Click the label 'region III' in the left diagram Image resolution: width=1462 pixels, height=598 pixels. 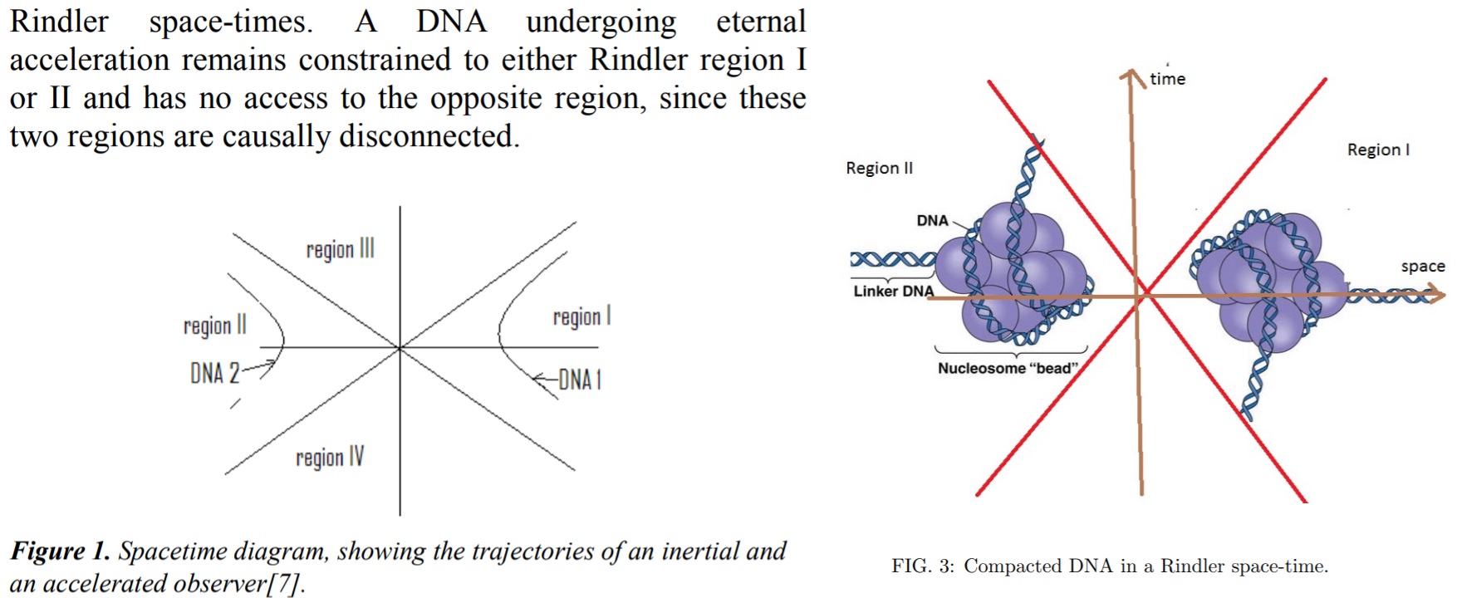pyautogui.click(x=340, y=249)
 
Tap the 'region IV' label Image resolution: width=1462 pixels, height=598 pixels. pyautogui.click(x=330, y=458)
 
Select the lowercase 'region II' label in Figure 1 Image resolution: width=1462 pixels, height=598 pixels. pyautogui.click(x=215, y=325)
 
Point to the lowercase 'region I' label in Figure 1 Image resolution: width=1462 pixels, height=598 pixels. pyautogui.click(x=581, y=316)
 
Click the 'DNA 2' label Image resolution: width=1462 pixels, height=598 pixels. pyautogui.click(x=214, y=374)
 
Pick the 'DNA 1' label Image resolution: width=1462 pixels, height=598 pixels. pyautogui.click(x=579, y=380)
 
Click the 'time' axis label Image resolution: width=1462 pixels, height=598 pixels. pyautogui.click(x=1167, y=79)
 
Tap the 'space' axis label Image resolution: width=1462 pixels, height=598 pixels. pyautogui.click(x=1423, y=267)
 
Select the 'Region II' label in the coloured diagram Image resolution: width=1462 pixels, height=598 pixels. pyautogui.click(x=879, y=168)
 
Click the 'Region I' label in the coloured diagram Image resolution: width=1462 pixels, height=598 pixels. pyautogui.click(x=1378, y=149)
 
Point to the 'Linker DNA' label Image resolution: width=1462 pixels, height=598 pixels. pyautogui.click(x=893, y=291)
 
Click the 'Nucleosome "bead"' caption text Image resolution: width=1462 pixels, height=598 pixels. pyautogui.click(x=1008, y=368)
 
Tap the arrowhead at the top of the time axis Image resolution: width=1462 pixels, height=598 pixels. pyautogui.click(x=1131, y=77)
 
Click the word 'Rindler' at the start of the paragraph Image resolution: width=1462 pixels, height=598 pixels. pyautogui.click(x=59, y=22)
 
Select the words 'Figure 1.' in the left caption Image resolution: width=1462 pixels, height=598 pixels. pyautogui.click(x=60, y=551)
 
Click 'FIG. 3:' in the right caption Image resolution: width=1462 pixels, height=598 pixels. pyautogui.click(x=923, y=566)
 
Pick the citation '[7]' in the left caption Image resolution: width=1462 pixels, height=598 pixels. pyautogui.click(x=283, y=583)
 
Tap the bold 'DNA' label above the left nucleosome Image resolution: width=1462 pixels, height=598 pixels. pyautogui.click(x=932, y=220)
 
